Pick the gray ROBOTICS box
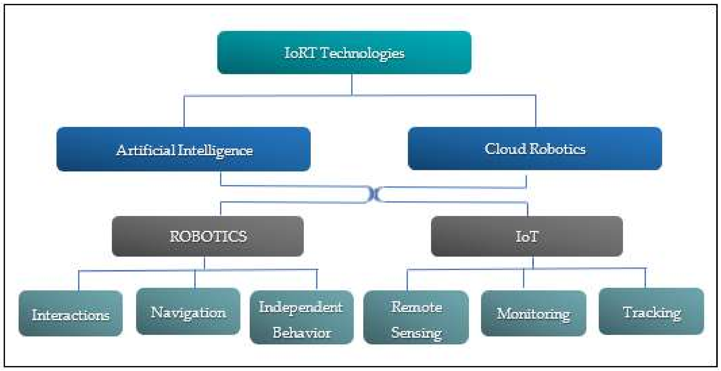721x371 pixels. [x=208, y=237]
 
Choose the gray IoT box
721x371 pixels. [x=527, y=237]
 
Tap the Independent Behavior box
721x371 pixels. [x=301, y=318]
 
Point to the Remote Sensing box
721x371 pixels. [x=416, y=318]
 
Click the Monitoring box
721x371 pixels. [x=533, y=313]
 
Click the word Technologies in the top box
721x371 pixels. [x=362, y=53]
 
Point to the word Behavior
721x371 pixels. [x=302, y=333]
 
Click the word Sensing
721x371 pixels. [x=416, y=333]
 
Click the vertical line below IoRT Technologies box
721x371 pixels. [x=352, y=85]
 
